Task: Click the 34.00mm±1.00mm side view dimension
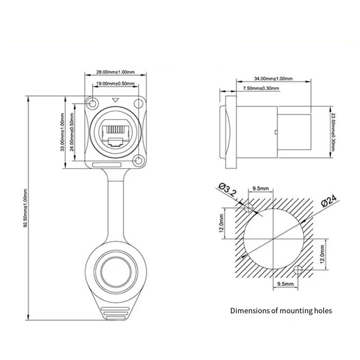(273, 78)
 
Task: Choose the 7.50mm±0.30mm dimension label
(260, 88)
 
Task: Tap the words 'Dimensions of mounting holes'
(281, 310)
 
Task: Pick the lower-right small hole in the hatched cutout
(297, 270)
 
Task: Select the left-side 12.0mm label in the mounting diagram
(221, 224)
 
